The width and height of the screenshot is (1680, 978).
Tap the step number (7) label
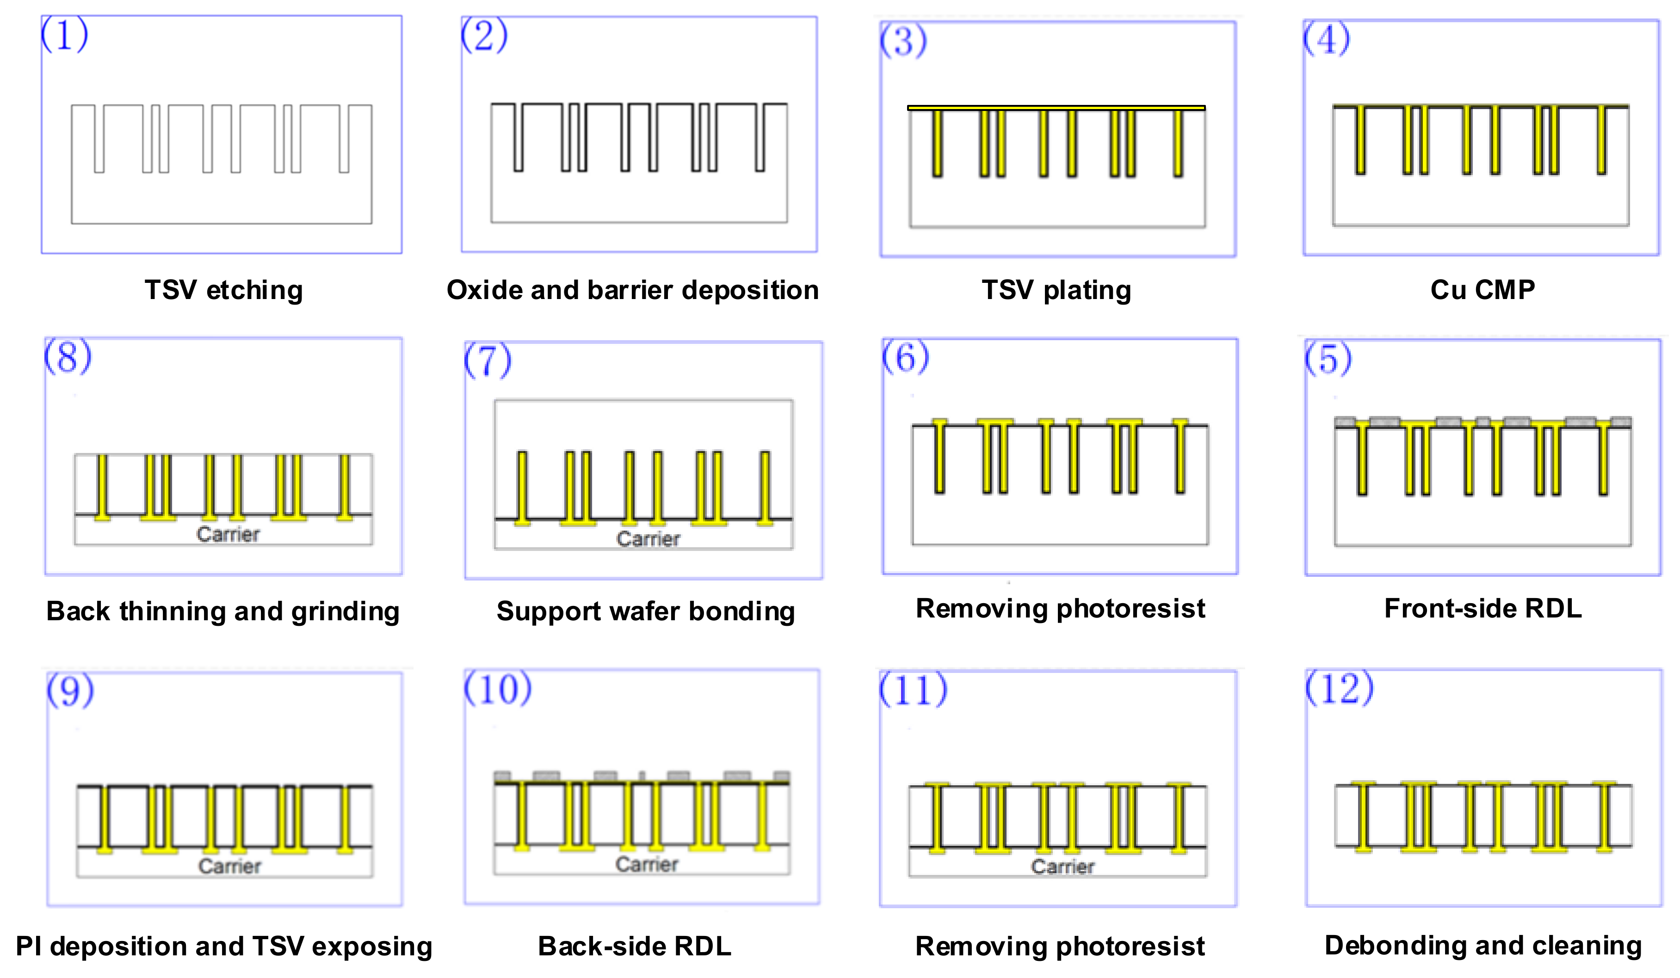tap(488, 361)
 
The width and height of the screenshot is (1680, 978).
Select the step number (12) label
tap(1339, 688)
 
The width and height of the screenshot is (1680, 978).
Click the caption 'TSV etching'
tap(223, 290)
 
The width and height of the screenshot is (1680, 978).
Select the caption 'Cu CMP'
tap(1482, 290)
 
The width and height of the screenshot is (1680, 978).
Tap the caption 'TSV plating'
tap(1056, 290)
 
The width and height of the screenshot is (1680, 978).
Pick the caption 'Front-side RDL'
tap(1482, 608)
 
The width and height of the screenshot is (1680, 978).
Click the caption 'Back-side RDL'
tap(634, 946)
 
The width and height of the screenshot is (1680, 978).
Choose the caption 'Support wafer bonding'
tap(645, 611)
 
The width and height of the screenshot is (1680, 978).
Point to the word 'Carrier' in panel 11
tap(1062, 867)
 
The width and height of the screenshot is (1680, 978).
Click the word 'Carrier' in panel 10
tap(646, 864)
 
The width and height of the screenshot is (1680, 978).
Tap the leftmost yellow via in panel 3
tap(937, 142)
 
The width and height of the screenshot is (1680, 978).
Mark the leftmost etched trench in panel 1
tap(99, 139)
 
